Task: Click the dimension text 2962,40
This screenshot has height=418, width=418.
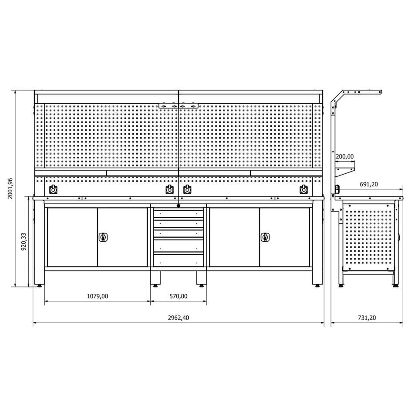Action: (179, 317)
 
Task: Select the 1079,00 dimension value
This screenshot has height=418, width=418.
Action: (98, 296)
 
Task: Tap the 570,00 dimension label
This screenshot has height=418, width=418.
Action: (179, 296)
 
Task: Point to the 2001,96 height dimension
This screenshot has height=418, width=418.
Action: (10, 189)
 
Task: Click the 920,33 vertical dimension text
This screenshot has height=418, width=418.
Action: (24, 241)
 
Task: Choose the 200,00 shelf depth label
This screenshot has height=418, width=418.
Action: (345, 156)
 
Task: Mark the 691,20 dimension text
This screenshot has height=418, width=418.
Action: (369, 184)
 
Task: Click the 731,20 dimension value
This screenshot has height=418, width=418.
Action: (367, 317)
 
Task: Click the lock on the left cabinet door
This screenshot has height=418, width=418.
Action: (103, 237)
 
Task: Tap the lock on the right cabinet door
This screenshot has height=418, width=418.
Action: (265, 237)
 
